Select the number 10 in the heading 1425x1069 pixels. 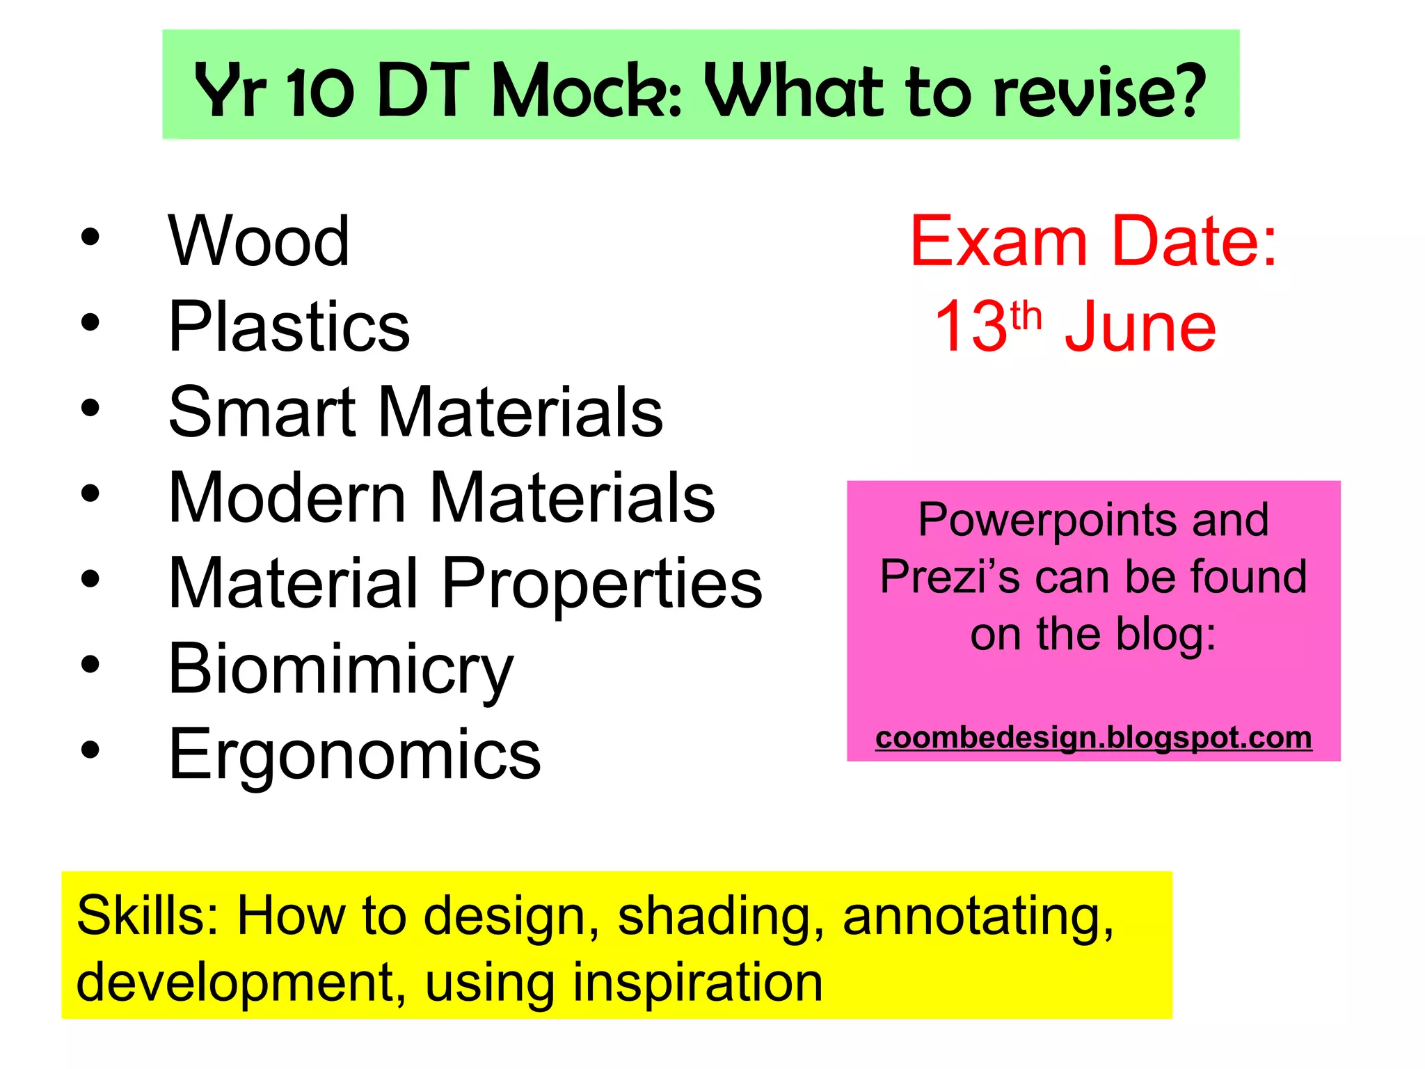[x=321, y=90]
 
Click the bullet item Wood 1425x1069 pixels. [x=259, y=241]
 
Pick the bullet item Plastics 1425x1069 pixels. [x=289, y=326]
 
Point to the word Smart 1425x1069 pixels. [x=262, y=412]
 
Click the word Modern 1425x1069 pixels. [x=287, y=498]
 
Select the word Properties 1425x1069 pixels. [x=602, y=585]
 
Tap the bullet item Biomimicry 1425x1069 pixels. [x=340, y=670]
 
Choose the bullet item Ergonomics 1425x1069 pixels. [x=354, y=754]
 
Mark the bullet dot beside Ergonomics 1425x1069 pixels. [x=90, y=750]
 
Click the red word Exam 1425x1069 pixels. [x=998, y=241]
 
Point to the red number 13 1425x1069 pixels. [x=971, y=326]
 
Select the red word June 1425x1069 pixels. [x=1140, y=326]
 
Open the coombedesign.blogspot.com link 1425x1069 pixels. [x=1093, y=738]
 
